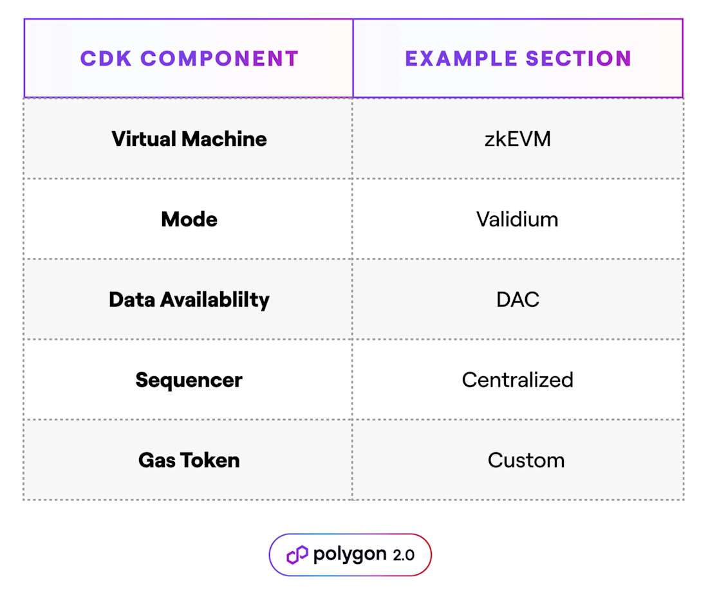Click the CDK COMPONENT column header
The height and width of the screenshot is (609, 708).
coord(189,59)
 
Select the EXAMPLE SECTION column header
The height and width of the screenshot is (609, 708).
coord(518,59)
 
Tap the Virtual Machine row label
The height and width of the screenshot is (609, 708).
coord(189,139)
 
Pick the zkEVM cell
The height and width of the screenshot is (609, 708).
coord(517,139)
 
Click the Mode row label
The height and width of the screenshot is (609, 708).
coord(189,219)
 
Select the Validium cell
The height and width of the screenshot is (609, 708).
coord(517,219)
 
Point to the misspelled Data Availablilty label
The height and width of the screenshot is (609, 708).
coord(189,300)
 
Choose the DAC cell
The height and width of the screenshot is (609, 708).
coord(517,300)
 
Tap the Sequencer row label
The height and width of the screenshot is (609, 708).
coord(189,380)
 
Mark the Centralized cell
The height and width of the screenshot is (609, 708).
coord(517,380)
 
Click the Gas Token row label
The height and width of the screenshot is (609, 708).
coord(189,460)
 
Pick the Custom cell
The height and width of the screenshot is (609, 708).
coord(526,460)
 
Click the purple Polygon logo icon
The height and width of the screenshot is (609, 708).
coord(297,555)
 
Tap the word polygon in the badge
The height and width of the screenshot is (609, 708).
coord(350,555)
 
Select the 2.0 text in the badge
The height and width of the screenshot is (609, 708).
coord(404,556)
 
